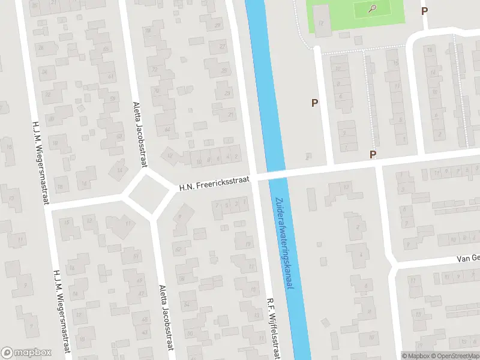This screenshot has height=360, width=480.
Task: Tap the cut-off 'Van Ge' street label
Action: pos(467,258)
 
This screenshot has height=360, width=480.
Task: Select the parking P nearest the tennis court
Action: pos(425,10)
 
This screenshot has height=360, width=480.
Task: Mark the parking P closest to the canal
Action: pos(314,103)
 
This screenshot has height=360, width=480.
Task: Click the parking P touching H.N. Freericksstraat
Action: pos(373,154)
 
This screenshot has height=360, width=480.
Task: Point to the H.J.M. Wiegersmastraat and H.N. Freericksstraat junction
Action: pos(48,205)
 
